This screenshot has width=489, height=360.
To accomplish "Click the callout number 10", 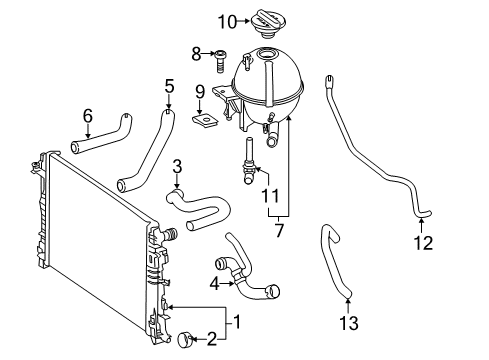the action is tap(227, 22).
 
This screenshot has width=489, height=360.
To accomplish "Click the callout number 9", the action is tap(200, 92).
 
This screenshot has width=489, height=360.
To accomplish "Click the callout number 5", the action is tap(169, 87).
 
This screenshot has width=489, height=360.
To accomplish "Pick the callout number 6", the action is tap(88, 116).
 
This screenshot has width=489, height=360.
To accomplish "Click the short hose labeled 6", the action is tap(101, 134).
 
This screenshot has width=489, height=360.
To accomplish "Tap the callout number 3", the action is tap(177, 166).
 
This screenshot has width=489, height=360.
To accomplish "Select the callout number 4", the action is tap(215, 284).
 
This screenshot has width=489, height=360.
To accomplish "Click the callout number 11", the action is tap(270, 196).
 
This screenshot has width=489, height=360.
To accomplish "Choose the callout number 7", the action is tap(279, 230).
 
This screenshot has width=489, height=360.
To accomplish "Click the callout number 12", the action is tap(423, 243).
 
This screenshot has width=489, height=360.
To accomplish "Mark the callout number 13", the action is tap(349, 323).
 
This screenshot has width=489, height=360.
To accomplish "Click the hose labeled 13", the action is tap(334, 261).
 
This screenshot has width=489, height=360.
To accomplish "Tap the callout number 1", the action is tap(237, 322).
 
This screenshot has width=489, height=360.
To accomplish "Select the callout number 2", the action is tap(212, 339).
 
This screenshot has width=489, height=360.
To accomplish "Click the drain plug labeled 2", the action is tap(184, 340).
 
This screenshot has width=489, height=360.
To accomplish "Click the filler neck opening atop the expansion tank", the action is tap(267, 54).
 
